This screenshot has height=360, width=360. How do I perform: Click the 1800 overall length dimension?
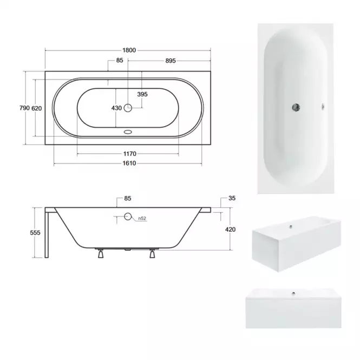tap(129, 50)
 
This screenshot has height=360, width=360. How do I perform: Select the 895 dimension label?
tap(171, 61)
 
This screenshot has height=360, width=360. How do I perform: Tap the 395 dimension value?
tap(142, 94)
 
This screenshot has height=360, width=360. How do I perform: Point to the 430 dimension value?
tap(116, 108)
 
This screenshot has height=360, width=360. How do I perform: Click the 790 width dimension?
tap(24, 108)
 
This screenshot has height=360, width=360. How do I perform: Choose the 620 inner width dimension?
tap(36, 108)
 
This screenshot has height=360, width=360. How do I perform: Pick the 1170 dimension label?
tap(130, 154)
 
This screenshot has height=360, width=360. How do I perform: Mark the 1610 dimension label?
tap(129, 163)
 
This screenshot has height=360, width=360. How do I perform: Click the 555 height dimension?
tap(35, 233)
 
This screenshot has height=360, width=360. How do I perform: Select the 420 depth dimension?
tap(230, 230)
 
